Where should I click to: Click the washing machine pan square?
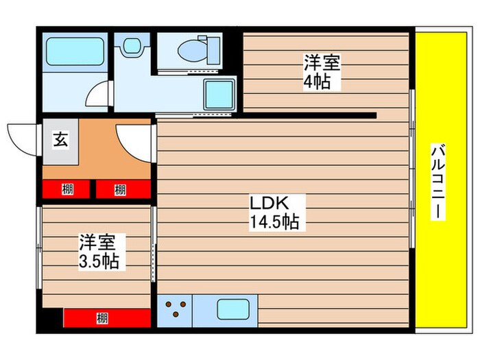(x=220, y=95)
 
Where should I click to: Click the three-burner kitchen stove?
(x=176, y=309)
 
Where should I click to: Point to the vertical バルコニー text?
(x=436, y=182)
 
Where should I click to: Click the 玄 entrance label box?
(x=60, y=141)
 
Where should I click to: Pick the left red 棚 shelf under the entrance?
(x=67, y=189)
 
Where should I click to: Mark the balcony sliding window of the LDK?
(x=412, y=171)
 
